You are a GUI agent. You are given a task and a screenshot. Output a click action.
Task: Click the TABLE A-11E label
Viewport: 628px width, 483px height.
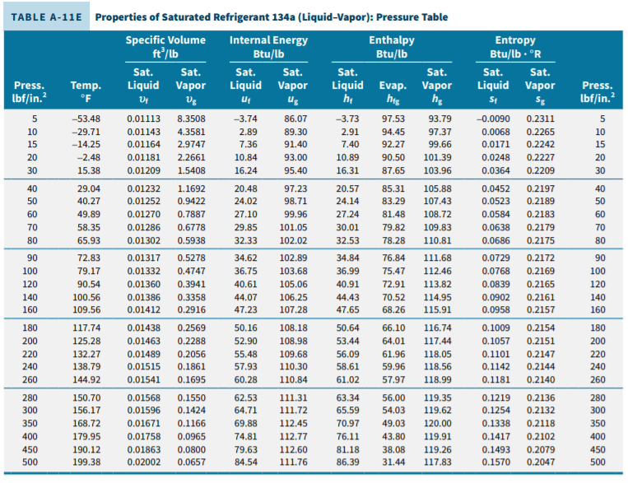[46, 17]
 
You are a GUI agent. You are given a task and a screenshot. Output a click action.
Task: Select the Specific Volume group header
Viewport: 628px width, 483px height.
[165, 46]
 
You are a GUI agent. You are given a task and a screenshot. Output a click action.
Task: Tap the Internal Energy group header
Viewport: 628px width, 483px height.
[268, 46]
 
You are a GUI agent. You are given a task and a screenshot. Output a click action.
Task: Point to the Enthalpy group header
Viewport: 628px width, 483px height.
[392, 46]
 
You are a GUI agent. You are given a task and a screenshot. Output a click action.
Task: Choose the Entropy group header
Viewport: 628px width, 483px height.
[515, 46]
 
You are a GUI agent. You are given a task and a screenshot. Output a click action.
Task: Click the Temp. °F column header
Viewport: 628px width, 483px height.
[86, 91]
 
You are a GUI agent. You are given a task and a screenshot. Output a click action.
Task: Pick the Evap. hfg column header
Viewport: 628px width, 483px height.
[393, 91]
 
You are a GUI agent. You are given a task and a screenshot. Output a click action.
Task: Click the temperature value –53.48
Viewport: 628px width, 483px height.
[86, 119]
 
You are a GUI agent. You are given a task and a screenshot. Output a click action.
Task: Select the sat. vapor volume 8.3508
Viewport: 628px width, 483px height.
[191, 119]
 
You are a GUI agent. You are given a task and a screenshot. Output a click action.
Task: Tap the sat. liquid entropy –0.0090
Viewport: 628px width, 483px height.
[493, 119]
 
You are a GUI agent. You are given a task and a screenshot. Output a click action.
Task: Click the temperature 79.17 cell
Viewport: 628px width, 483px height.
[89, 272]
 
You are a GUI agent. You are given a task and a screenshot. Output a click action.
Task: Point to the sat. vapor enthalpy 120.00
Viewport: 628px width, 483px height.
[437, 423]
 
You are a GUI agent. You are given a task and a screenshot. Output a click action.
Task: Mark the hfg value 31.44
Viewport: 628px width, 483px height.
[393, 462]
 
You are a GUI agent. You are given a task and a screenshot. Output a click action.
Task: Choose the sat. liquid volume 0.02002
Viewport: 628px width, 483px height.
[143, 462]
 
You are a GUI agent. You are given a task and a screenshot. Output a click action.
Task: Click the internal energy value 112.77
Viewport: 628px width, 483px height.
[293, 437]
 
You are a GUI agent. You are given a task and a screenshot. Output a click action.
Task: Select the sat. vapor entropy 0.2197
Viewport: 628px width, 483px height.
[540, 188]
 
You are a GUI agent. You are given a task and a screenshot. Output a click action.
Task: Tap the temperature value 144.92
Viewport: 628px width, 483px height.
[86, 379]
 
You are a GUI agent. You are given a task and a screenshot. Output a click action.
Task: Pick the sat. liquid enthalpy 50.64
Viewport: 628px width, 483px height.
[347, 328]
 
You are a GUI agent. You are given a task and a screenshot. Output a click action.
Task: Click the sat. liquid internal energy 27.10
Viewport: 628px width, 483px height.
[245, 214]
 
